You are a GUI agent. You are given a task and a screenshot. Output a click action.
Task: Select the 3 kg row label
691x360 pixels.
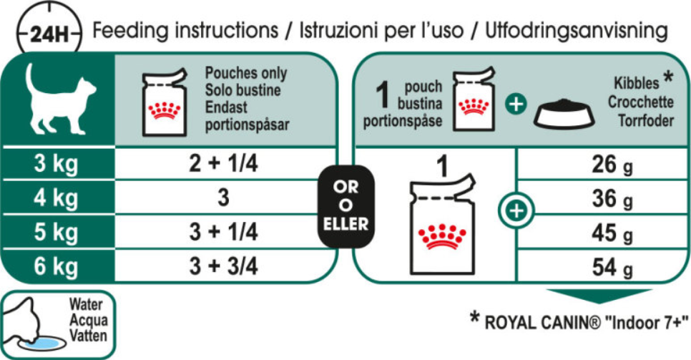coord(56,164)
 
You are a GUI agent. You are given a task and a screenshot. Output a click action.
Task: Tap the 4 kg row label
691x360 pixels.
coord(56,198)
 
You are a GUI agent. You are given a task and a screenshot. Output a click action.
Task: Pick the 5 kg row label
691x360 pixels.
coord(56,232)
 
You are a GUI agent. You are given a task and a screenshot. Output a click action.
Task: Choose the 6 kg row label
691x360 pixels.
coord(56,266)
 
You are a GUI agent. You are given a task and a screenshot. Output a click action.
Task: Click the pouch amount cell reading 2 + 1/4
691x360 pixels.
coord(223,164)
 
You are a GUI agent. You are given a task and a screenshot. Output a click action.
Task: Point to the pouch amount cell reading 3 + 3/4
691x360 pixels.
coord(223,266)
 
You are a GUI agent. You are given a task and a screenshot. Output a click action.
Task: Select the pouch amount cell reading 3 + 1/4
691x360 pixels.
coord(223,232)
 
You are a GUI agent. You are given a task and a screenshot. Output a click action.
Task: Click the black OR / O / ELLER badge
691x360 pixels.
coord(346,206)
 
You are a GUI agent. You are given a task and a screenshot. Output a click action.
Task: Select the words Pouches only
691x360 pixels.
coord(246,73)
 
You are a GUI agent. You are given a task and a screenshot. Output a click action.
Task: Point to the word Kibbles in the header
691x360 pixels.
coord(637,83)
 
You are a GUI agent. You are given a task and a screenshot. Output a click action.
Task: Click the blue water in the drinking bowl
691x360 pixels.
coord(43,343)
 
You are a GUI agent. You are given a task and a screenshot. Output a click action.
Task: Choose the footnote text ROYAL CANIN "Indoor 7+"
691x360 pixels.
coord(586,323)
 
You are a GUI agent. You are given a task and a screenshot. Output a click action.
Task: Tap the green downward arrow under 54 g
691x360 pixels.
coord(599,296)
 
